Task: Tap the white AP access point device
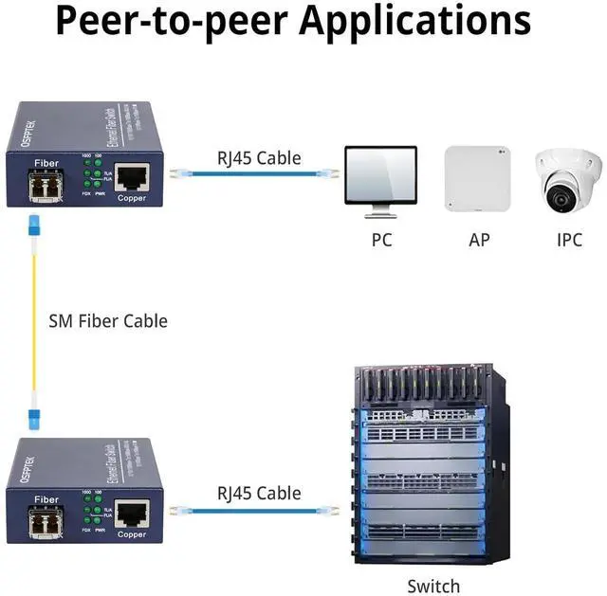(x=477, y=178)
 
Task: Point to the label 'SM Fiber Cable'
(x=107, y=321)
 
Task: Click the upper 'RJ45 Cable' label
(x=259, y=157)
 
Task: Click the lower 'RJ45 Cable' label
(x=259, y=493)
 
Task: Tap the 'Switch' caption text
(x=433, y=586)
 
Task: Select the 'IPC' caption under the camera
(x=568, y=240)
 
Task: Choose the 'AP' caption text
(x=479, y=240)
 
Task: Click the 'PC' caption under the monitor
(x=381, y=240)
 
